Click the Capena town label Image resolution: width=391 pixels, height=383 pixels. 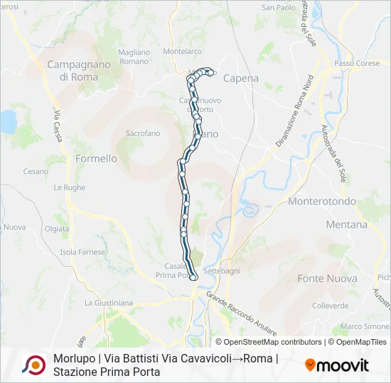pos(241,79)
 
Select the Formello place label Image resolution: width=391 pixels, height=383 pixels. pos(96,159)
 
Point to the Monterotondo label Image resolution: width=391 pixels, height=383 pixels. pos(322,201)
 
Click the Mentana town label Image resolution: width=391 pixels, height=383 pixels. pos(347,225)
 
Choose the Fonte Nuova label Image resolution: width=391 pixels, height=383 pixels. pos(327,279)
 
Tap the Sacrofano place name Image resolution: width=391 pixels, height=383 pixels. pos(142,133)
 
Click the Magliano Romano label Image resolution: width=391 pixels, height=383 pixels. pos(134,57)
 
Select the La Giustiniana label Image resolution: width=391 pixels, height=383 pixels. pos(108,303)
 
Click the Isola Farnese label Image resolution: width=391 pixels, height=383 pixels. pos(82,252)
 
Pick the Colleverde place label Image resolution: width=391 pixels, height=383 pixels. pos(330,306)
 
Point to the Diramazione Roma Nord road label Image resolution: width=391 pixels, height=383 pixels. pos(295,111)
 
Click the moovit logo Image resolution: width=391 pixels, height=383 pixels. pos(337,365)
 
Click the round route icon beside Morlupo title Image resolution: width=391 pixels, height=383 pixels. pos(33,365)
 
